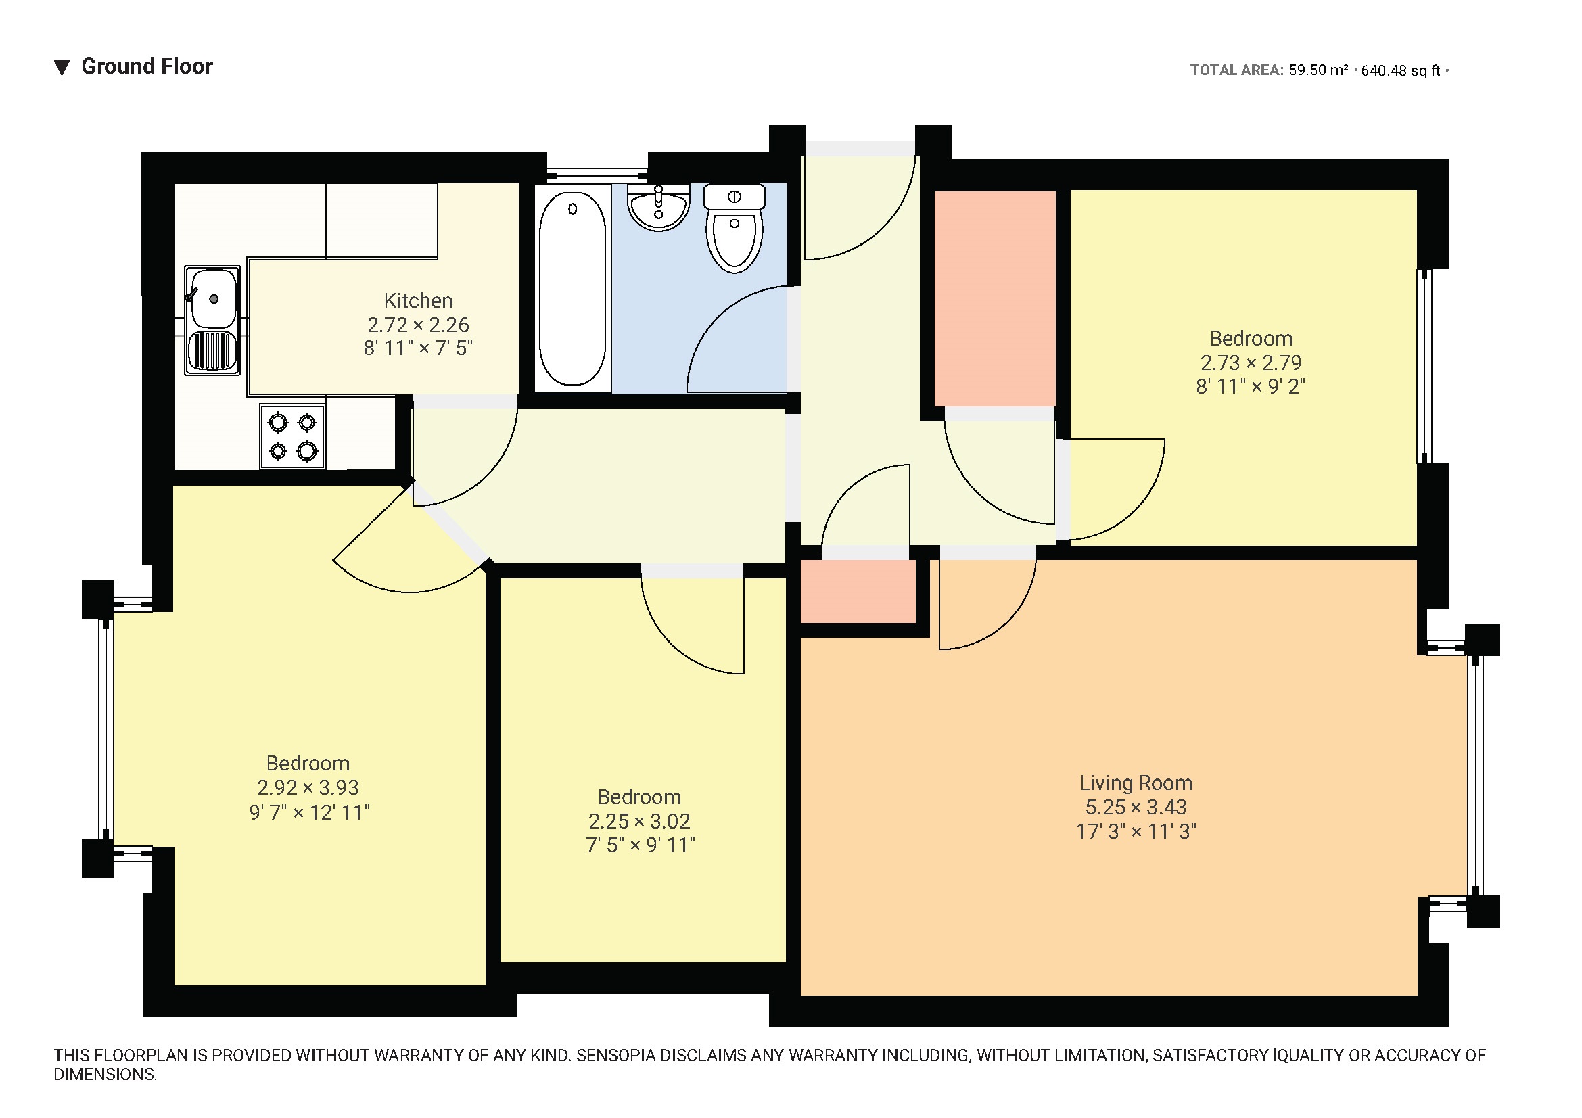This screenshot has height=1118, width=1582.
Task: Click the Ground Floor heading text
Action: (x=147, y=66)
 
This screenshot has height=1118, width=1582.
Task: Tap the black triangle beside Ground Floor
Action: (x=62, y=68)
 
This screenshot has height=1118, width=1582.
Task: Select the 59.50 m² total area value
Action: (x=1318, y=70)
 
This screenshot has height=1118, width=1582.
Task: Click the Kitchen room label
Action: (x=418, y=301)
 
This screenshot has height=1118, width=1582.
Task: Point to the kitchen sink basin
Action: (x=213, y=298)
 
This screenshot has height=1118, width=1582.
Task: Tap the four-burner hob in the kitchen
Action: (x=292, y=436)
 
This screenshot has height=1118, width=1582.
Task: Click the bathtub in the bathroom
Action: (x=572, y=289)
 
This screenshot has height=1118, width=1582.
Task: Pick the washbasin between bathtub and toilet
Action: (x=658, y=207)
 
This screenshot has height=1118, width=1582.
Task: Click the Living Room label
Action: (x=1136, y=783)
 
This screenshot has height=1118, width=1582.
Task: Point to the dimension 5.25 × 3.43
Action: (x=1136, y=808)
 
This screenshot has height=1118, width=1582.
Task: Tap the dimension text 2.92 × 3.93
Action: (x=308, y=787)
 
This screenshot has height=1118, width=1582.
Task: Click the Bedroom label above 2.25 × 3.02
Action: (x=639, y=797)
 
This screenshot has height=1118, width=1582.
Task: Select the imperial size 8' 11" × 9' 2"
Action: (x=1251, y=387)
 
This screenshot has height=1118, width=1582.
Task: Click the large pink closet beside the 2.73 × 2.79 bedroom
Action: (x=995, y=299)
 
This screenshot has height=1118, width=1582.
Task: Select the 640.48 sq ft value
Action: (x=1401, y=70)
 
